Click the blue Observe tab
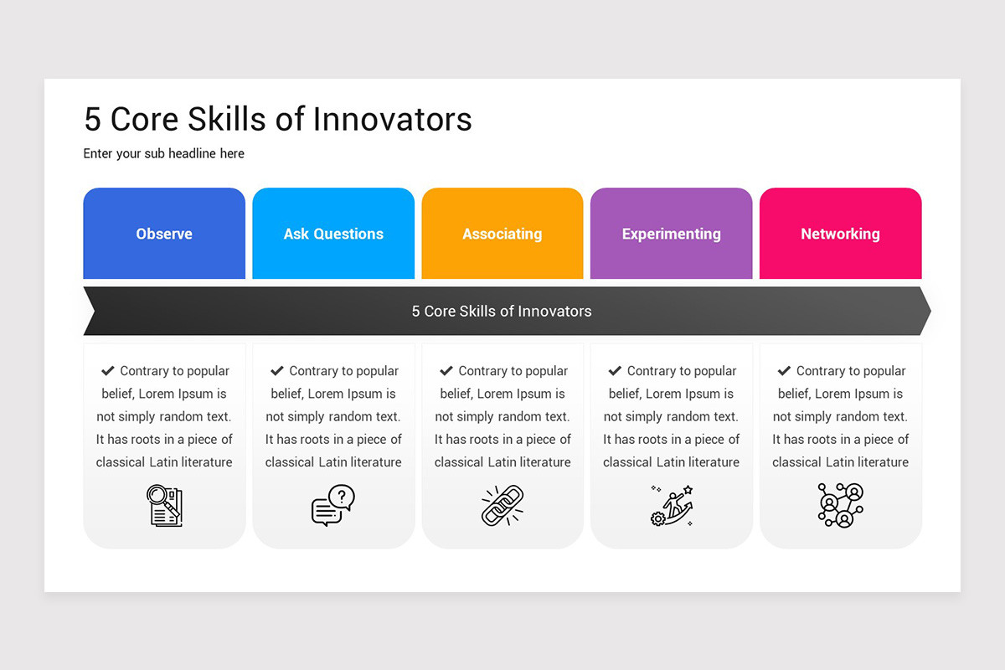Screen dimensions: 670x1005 [164, 234]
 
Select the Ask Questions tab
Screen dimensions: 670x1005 [333, 234]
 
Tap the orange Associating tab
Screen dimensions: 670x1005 [502, 234]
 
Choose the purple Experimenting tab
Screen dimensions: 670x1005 [671, 234]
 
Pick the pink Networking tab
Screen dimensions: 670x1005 [840, 234]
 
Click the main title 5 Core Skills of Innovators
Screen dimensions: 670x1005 [278, 120]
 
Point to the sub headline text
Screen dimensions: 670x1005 [164, 154]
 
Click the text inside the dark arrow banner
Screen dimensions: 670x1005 [502, 312]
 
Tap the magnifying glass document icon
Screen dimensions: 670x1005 [164, 506]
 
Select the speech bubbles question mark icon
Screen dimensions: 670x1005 [333, 505]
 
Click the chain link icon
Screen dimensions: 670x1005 [502, 506]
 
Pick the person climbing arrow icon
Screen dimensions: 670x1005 [672, 506]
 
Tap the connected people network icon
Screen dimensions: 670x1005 [840, 506]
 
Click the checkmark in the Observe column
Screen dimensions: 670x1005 [108, 370]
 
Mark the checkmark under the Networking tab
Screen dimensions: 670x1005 [784, 370]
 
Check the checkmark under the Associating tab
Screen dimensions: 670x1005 [446, 370]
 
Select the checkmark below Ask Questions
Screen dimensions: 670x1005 [277, 370]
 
